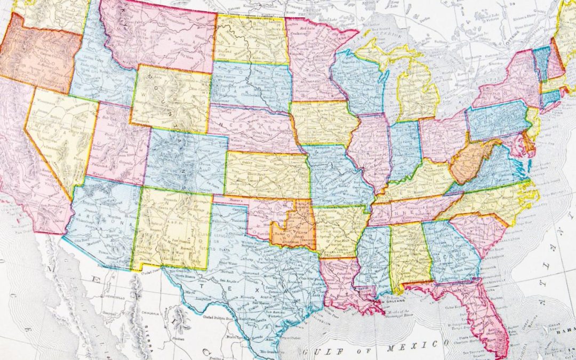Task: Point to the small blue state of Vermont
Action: pyautogui.click(x=542, y=61)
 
